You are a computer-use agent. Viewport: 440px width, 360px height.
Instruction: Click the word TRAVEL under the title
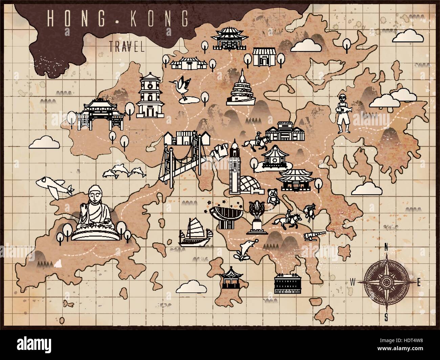pyautogui.click(x=127, y=46)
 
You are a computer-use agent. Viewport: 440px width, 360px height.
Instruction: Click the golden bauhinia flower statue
pyautogui.click(x=256, y=217)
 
